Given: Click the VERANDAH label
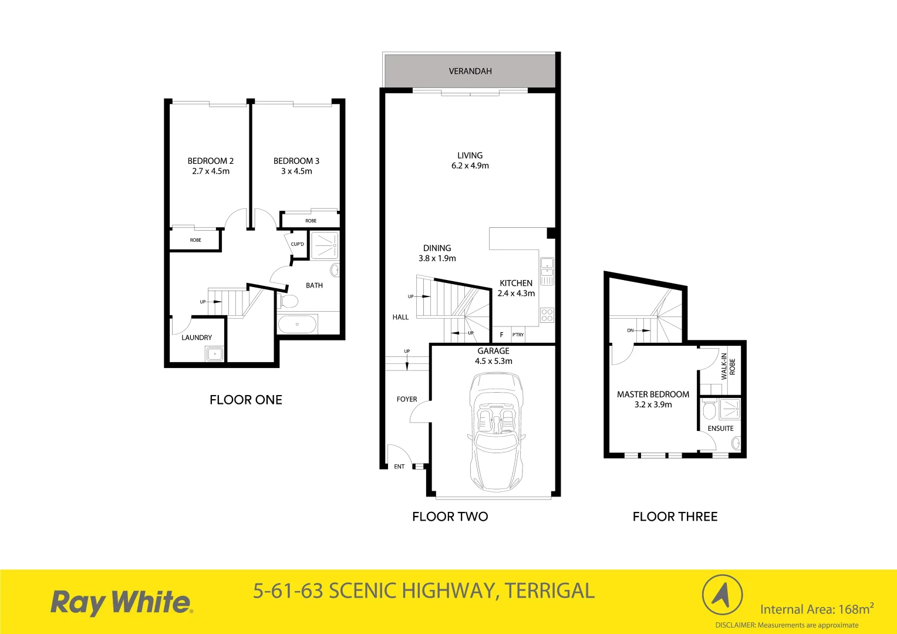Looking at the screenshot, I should coord(470,71).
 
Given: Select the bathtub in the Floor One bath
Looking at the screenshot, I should coord(297,324).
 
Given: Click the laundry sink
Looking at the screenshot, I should coord(214,353).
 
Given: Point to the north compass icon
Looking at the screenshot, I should coord(722,595).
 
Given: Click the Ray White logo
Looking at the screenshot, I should coord(122,602).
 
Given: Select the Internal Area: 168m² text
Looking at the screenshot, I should coord(817,609).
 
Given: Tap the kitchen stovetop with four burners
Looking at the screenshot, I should coord(547,315).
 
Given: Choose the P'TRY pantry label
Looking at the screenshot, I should coord(518,335).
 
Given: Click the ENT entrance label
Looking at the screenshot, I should coord(399,467).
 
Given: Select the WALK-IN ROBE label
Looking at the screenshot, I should coord(728,366).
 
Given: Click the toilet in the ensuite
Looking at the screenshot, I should coord(709,410).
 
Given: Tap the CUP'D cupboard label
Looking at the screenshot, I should coord(298,244).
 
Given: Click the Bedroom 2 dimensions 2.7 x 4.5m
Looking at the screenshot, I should coord(211,171).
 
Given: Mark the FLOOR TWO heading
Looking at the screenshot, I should coord(450,517).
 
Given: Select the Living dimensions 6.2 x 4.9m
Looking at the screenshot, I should coord(470,166).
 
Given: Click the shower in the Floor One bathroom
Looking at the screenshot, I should coord(324,245).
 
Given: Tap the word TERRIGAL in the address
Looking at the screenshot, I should coord(549,591).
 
